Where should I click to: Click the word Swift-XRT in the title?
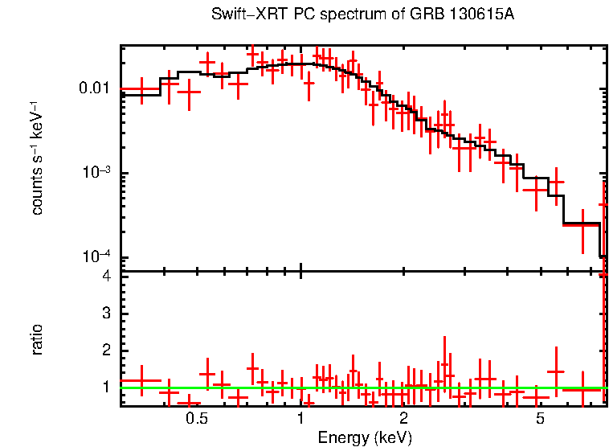pyautogui.click(x=240, y=15)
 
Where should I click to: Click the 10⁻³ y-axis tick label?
pyautogui.click(x=97, y=172)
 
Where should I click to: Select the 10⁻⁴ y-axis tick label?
pyautogui.click(x=97, y=257)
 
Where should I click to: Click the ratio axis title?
pyautogui.click(x=37, y=339)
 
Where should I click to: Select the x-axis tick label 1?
pyautogui.click(x=300, y=420)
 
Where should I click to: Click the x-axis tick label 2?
pyautogui.click(x=403, y=420)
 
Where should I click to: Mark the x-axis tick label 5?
pyautogui.click(x=540, y=420)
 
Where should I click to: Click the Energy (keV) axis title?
pyautogui.click(x=365, y=437)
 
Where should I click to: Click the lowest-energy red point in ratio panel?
pyautogui.click(x=141, y=380)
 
